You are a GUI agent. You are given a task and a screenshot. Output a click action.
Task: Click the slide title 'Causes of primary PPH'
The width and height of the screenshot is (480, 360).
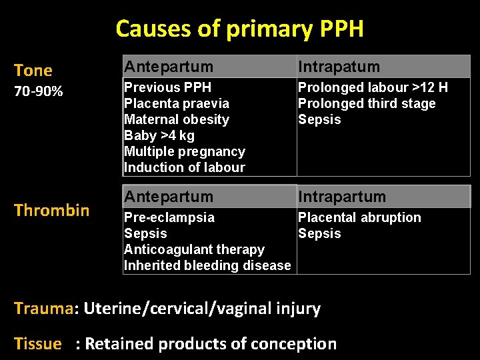click(x=239, y=29)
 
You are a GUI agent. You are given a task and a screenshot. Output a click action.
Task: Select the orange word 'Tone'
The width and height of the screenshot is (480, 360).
click(x=33, y=71)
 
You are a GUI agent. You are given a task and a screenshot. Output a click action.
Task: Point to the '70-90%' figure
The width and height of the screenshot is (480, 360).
click(x=39, y=91)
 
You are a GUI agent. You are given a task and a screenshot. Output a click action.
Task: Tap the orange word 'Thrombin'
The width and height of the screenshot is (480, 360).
click(x=52, y=211)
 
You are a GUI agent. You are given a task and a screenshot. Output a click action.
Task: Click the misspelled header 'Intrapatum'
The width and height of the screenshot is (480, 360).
click(x=339, y=67)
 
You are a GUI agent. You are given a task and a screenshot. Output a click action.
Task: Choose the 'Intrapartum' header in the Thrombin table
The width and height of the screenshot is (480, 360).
click(x=342, y=197)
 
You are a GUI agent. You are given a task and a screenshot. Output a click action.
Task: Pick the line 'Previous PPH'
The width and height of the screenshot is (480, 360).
click(x=168, y=87)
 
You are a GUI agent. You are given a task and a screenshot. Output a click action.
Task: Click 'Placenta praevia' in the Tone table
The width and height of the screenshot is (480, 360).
click(x=177, y=103)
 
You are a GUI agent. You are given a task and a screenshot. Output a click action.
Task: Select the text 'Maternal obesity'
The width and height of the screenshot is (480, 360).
click(x=177, y=119)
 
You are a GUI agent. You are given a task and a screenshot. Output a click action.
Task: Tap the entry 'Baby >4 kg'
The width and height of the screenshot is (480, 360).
click(x=159, y=135)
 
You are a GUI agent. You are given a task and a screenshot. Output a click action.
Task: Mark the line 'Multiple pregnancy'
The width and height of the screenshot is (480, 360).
click(x=185, y=151)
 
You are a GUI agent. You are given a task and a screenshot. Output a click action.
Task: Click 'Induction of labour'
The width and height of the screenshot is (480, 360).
click(x=185, y=167)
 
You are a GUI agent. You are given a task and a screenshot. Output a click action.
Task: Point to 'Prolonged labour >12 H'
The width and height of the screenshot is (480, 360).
click(x=373, y=87)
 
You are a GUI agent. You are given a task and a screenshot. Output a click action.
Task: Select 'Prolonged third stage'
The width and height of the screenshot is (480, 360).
click(x=367, y=103)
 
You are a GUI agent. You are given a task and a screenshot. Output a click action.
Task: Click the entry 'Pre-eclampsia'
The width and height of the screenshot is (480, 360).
click(x=169, y=217)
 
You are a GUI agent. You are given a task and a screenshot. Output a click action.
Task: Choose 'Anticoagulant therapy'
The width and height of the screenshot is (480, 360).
click(x=194, y=249)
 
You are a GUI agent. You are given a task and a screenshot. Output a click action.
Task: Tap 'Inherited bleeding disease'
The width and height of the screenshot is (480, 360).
click(x=207, y=265)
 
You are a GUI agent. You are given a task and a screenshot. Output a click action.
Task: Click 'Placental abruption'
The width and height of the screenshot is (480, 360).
click(x=359, y=217)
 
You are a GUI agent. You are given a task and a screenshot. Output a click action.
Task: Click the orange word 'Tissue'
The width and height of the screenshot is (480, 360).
click(x=38, y=344)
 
